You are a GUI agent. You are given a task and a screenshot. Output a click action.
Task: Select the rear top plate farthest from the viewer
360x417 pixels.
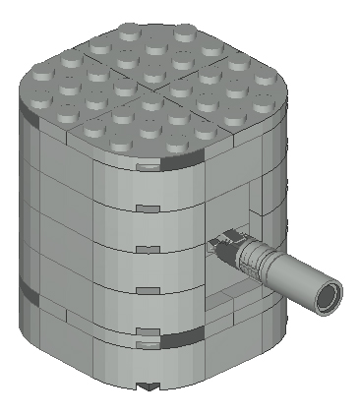tap(157, 44)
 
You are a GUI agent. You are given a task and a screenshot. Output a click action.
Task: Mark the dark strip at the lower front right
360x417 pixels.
tap(182, 339)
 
